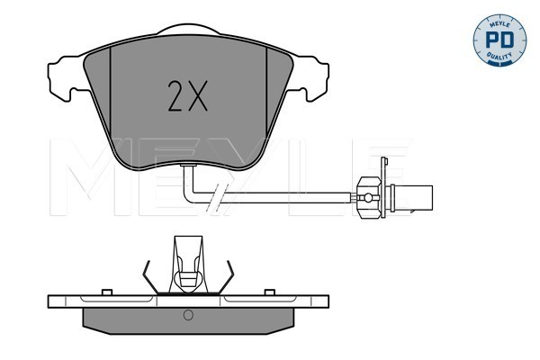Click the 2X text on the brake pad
188,95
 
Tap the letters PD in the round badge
499,40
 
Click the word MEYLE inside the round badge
499,22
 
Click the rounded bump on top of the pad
188,29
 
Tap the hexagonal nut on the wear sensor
368,198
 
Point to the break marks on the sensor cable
215,198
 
